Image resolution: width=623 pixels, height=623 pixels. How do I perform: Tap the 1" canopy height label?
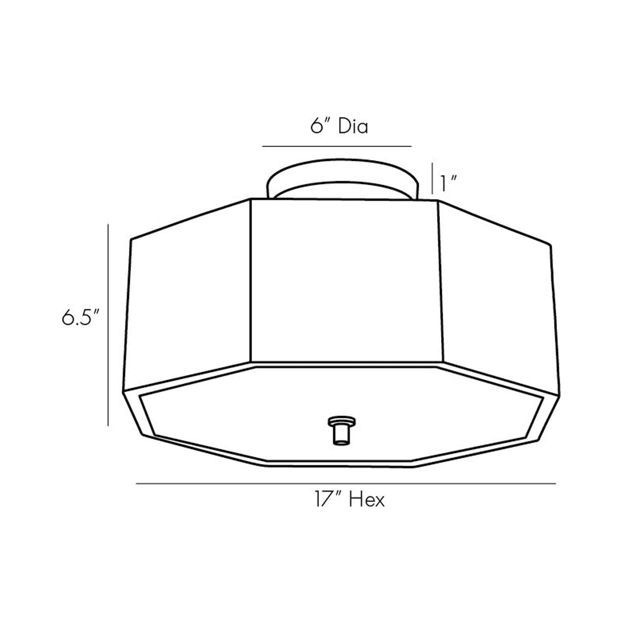point(448,184)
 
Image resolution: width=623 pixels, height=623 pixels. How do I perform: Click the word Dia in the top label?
point(353,127)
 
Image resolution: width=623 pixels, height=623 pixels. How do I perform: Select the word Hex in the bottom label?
point(366,500)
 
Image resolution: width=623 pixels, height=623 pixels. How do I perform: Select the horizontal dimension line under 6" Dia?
point(337,147)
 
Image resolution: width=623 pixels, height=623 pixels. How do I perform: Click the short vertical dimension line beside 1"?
point(432,178)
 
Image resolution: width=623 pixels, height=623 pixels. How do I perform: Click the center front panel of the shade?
point(344,280)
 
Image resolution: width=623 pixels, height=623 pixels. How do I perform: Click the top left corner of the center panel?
point(251,200)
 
